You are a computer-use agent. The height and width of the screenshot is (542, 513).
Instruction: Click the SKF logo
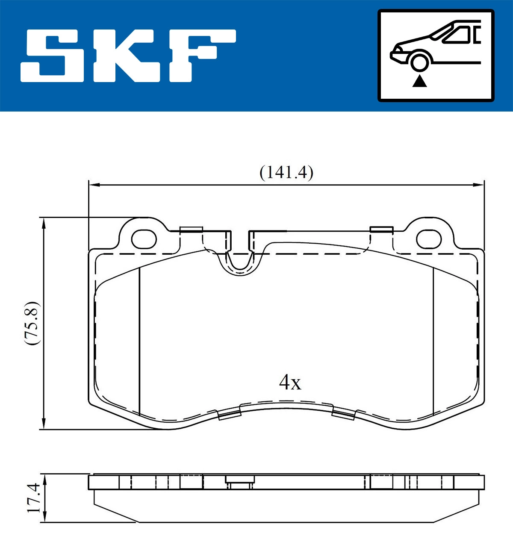point(128,56)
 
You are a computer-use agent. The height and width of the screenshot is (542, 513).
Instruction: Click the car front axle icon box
point(436,56)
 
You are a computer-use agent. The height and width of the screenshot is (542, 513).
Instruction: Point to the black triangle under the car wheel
point(420,81)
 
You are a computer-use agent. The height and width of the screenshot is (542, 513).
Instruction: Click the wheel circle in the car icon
point(419,61)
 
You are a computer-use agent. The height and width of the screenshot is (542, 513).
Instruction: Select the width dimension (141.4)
point(286,173)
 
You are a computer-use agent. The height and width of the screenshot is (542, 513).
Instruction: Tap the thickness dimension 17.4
point(33,498)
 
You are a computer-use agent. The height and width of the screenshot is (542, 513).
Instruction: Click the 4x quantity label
point(290,382)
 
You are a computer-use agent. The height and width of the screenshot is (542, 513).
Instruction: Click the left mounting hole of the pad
point(144,239)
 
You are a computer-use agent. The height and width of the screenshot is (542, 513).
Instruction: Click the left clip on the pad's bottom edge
point(230,414)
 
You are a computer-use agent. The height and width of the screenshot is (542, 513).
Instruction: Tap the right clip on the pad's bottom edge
point(344,414)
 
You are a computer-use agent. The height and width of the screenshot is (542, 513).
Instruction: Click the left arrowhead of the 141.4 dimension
point(94,185)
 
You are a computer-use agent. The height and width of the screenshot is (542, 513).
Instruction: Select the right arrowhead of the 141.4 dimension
point(479,185)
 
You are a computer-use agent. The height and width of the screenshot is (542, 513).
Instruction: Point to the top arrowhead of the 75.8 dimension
point(43,223)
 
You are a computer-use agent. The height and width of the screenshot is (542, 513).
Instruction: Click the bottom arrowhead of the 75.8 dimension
point(43,424)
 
